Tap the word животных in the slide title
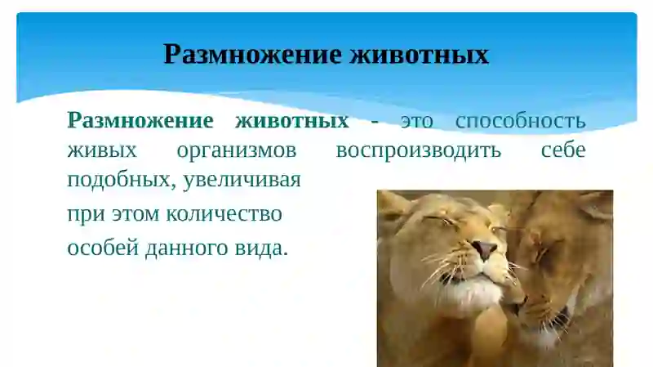point(419,55)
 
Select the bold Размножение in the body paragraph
point(140,121)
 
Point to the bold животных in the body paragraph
point(291,121)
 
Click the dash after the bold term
point(374,122)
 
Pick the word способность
point(520,122)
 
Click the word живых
point(101,151)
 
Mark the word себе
point(563,151)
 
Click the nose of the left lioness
point(484,248)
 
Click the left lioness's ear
point(393,205)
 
